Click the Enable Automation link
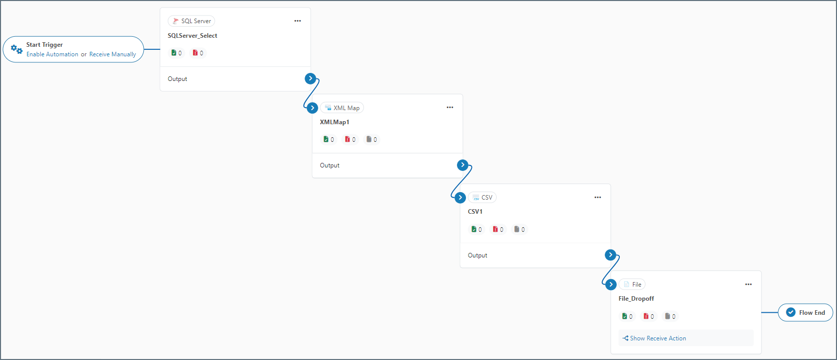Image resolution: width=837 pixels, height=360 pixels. click(x=52, y=54)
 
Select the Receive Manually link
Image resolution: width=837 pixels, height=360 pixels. click(x=113, y=54)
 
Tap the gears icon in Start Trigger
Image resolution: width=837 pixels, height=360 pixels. click(x=17, y=49)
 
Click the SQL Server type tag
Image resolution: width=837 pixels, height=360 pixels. click(x=192, y=21)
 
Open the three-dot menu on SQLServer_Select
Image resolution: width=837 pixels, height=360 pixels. click(x=298, y=21)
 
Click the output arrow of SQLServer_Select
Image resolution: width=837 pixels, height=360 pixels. click(x=311, y=78)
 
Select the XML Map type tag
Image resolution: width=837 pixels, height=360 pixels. click(x=342, y=108)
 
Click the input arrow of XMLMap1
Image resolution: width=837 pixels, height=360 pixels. click(x=312, y=108)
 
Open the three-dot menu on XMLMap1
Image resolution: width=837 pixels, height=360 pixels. click(x=450, y=108)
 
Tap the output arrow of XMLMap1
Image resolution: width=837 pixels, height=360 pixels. click(x=463, y=165)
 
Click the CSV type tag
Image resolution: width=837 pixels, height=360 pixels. click(x=483, y=198)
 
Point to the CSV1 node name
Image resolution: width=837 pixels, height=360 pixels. click(x=475, y=212)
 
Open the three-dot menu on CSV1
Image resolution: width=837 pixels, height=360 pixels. click(x=598, y=198)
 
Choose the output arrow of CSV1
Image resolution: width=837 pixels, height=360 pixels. click(x=610, y=255)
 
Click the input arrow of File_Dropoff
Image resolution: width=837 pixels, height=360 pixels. click(x=611, y=285)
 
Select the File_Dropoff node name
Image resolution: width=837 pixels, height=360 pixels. click(x=636, y=299)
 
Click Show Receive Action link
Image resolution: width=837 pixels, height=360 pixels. click(x=658, y=338)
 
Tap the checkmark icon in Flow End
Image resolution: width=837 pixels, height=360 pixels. click(x=791, y=312)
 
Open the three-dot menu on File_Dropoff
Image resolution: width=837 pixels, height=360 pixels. click(x=749, y=285)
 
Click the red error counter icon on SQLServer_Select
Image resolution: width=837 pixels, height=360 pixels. click(x=196, y=53)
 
